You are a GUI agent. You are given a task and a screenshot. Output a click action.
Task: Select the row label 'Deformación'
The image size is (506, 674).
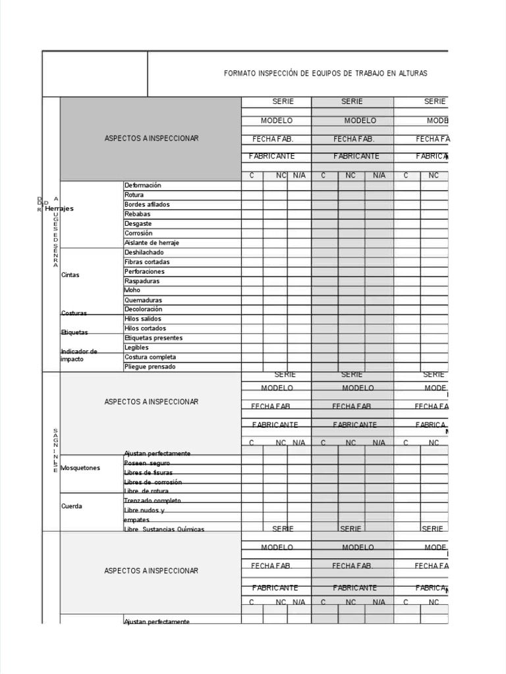click(x=142, y=186)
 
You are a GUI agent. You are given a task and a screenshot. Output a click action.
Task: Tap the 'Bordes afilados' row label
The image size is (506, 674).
click(x=147, y=205)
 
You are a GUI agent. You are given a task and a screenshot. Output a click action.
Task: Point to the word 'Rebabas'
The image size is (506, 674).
click(x=137, y=214)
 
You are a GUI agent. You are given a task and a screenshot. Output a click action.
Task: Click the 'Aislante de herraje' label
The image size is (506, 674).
click(x=152, y=243)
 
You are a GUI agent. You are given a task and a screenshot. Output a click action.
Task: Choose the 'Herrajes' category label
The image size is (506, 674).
click(x=59, y=209)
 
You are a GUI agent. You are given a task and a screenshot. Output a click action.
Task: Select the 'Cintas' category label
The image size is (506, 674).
click(x=70, y=275)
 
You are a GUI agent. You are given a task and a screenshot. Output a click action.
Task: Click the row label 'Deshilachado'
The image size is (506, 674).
click(x=144, y=253)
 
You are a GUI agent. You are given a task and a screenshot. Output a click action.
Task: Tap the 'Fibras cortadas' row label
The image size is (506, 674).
click(x=147, y=262)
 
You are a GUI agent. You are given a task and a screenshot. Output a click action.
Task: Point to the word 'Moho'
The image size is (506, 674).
click(x=132, y=290)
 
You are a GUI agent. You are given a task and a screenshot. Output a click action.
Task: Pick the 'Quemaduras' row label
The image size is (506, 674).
click(x=143, y=300)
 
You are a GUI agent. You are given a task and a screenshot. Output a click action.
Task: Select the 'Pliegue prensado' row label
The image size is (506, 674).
click(x=150, y=367)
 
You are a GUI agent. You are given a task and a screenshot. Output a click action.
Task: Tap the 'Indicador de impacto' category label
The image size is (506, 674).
click(x=78, y=355)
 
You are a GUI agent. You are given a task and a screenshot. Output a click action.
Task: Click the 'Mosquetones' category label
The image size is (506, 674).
click(x=80, y=468)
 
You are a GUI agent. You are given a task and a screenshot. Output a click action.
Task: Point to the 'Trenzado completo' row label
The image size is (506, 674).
click(x=152, y=501)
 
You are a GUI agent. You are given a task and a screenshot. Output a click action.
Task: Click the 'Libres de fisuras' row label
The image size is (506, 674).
click(x=148, y=473)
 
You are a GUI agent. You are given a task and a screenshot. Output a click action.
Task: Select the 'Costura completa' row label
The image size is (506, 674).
click(x=150, y=357)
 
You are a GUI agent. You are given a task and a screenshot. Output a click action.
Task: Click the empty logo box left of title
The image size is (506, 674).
click(x=95, y=74)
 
